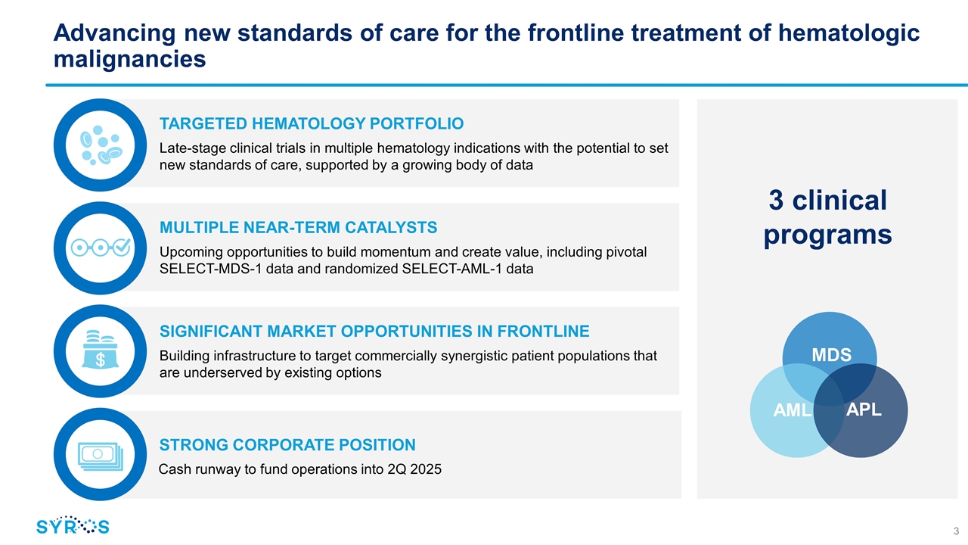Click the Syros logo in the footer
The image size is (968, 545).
point(73,526)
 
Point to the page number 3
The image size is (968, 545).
point(956,529)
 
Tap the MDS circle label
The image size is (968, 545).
point(831,354)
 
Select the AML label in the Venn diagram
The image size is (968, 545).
point(792,411)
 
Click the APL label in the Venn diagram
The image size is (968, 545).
point(863,410)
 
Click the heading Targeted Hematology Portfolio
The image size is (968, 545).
point(312,123)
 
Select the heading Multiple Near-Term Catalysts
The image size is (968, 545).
point(298,227)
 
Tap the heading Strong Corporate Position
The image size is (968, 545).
point(287,445)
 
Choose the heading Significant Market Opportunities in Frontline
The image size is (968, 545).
point(374,332)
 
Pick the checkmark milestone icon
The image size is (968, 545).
point(101,248)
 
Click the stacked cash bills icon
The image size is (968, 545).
point(101,455)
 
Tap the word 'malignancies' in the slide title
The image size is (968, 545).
point(130,58)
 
